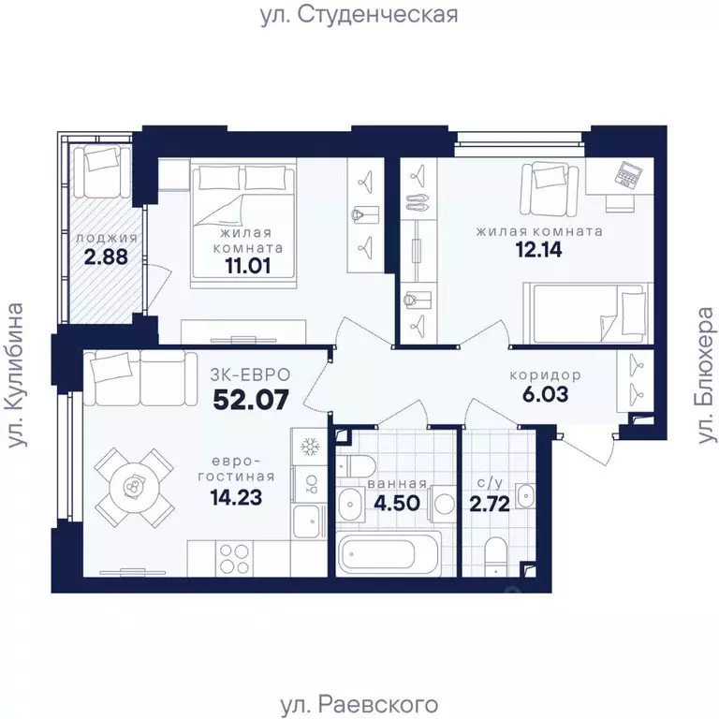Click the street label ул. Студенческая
(x=359, y=15)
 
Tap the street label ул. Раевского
(x=359, y=703)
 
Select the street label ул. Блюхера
(x=703, y=375)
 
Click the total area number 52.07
(x=248, y=401)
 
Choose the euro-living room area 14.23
(x=235, y=495)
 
